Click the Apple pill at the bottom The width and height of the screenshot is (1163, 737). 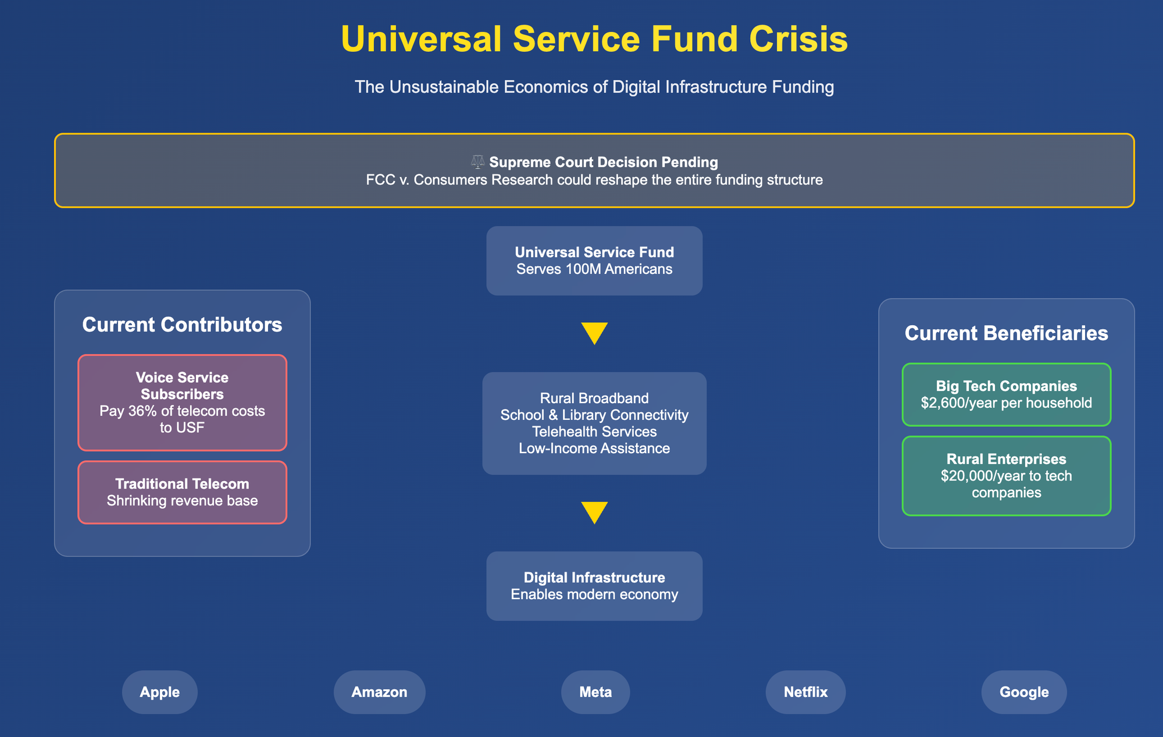tap(160, 692)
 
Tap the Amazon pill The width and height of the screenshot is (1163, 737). tap(380, 692)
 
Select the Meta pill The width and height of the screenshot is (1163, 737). tap(595, 692)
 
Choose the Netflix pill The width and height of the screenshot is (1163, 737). tap(805, 692)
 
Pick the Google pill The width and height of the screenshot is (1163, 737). tap(1024, 692)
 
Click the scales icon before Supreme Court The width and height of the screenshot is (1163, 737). tap(477, 162)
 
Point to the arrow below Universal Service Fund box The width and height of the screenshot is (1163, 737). tap(594, 333)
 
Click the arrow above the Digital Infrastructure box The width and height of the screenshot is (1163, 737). tap(594, 512)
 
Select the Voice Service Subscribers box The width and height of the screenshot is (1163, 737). tap(182, 403)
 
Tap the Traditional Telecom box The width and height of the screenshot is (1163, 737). tap(182, 492)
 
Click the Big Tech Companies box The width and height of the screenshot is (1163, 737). tap(1007, 394)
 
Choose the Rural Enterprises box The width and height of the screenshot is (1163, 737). tap(1007, 476)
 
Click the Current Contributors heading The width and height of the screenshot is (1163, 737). tap(182, 325)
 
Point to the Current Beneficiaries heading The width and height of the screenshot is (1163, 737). tap(1007, 333)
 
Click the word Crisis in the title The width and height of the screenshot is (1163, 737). tap(798, 40)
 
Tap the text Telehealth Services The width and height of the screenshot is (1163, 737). tap(594, 432)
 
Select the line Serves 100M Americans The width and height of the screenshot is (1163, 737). tap(594, 269)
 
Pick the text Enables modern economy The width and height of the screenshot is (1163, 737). tap(594, 594)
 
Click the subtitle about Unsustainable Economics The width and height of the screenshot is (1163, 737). tap(594, 87)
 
